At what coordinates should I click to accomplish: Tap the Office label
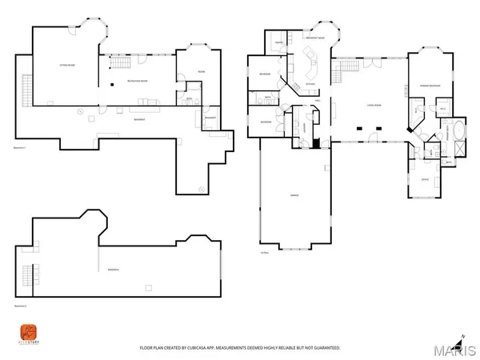[x=425, y=180]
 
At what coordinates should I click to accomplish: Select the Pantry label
[x=277, y=42]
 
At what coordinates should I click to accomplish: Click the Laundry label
[x=305, y=128]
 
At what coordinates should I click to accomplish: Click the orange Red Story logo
[x=27, y=330]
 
